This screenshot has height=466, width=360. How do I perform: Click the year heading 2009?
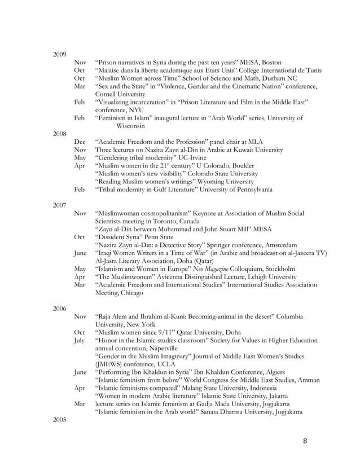59,54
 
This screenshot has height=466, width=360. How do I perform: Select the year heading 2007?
59,205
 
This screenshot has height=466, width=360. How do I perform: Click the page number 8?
305,441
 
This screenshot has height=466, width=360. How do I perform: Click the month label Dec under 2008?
80,142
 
